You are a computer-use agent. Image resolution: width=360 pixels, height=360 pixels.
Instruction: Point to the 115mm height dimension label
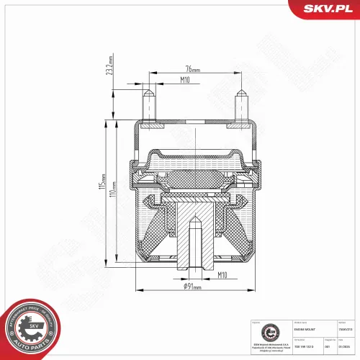pos(104,192)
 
